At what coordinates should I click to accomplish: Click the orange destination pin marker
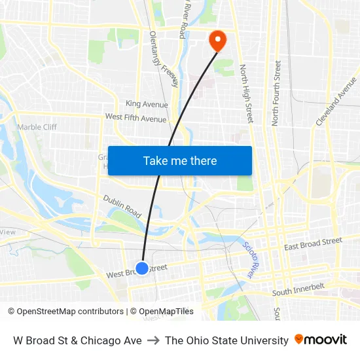tap(217, 41)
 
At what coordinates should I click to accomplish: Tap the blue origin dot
tap(141, 268)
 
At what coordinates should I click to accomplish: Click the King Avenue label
tap(147, 104)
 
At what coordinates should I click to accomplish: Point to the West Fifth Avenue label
tap(135, 118)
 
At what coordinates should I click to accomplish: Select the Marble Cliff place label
tap(37, 127)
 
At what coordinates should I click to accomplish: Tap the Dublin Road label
tap(122, 206)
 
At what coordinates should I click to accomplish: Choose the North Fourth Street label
tap(276, 92)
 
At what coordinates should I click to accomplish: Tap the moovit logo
tap(321, 340)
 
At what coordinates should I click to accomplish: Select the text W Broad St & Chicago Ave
tap(77, 340)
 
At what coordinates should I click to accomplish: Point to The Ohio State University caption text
tap(226, 340)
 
